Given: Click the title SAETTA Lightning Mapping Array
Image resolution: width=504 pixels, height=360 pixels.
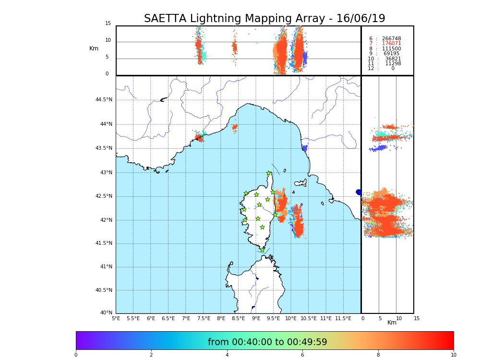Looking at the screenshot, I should pos(264,19).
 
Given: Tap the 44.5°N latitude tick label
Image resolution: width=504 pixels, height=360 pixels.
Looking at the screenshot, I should pos(104,100).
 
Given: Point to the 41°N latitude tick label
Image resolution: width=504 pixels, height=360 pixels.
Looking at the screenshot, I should pos(106,267).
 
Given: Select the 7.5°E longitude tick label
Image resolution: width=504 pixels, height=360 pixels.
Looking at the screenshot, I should pos(204,319).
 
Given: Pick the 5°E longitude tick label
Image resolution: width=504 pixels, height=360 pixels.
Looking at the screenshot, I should pos(116,319).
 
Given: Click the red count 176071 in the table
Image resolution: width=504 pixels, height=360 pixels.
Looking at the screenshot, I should pos(391,44).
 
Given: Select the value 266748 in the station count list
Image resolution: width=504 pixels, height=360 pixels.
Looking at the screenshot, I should pos(391,38).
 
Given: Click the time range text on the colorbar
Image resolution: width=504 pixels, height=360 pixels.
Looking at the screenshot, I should pos(267,342).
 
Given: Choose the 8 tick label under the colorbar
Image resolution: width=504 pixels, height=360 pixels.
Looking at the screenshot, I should pos(378,355).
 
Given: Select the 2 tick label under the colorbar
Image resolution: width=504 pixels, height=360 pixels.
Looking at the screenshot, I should pos(151,355).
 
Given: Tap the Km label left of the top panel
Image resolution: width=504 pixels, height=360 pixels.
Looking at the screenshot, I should pos(94,48).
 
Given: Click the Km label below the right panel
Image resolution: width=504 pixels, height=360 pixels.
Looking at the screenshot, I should pos(392,323).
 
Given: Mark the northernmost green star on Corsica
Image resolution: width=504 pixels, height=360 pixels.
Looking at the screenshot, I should pos(269,173).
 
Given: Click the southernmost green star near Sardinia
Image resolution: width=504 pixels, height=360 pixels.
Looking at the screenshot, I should pos(262,250).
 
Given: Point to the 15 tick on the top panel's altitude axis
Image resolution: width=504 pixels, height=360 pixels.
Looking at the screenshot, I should pos(108,24).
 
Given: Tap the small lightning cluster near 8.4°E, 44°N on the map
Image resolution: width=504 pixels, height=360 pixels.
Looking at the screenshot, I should pos(235,127).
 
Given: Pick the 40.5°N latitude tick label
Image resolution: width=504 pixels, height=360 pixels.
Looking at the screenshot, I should pos(104,290).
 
